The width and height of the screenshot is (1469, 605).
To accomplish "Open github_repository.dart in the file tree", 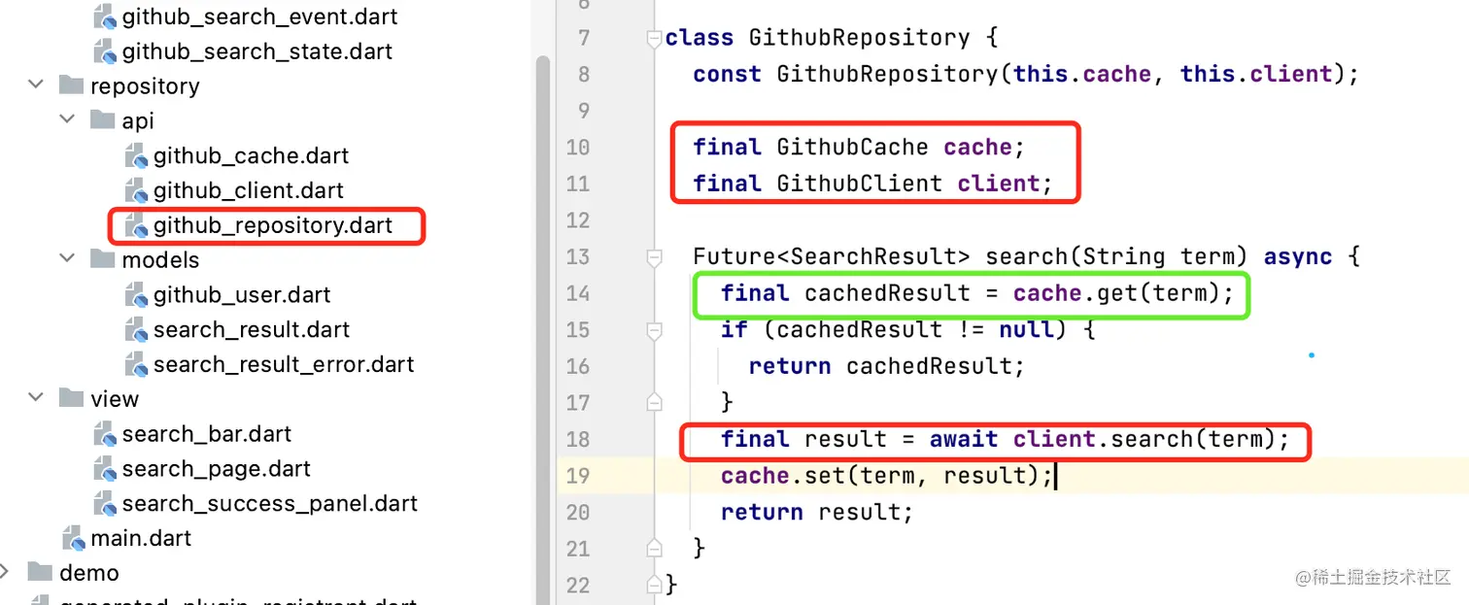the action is click(272, 225).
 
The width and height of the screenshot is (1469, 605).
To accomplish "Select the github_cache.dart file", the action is click(251, 155).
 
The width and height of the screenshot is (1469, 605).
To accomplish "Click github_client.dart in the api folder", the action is click(249, 190).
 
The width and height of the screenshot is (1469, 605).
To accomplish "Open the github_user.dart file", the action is click(242, 294).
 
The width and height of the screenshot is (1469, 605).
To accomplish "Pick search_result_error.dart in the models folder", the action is click(284, 364).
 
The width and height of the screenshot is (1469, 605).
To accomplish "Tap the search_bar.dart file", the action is click(206, 433).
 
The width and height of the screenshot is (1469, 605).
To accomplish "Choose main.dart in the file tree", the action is click(141, 538).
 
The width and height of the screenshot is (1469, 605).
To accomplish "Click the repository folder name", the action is click(145, 85).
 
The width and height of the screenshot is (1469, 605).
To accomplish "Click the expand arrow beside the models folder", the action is click(67, 259).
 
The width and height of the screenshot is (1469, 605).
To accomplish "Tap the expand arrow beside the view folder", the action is click(36, 398).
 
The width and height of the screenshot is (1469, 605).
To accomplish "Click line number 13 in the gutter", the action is click(577, 257).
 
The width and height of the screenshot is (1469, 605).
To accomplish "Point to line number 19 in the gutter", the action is click(577, 476).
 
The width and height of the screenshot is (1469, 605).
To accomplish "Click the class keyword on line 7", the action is click(700, 39).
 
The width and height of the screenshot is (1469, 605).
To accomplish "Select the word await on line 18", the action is click(964, 440).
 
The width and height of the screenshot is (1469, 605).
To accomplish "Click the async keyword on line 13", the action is click(1297, 257).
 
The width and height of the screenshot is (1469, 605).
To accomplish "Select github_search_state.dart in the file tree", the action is click(257, 50).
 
